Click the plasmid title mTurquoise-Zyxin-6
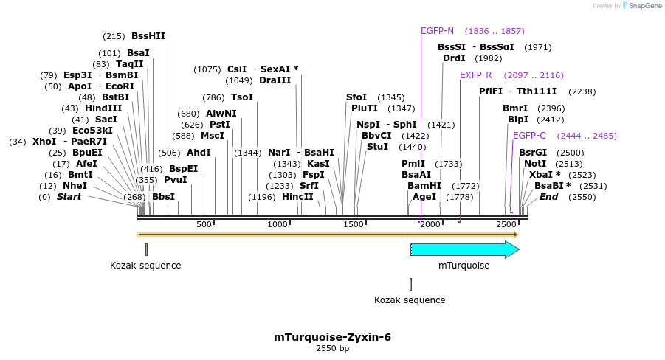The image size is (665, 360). (332, 337)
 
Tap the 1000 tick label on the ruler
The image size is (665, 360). (278, 224)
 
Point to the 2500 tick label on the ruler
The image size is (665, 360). (506, 224)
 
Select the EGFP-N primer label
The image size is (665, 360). (437, 31)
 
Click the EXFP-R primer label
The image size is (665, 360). (475, 75)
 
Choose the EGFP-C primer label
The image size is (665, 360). (529, 136)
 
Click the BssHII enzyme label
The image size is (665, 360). (148, 35)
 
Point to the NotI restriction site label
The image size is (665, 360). (535, 164)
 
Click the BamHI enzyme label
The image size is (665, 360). (424, 186)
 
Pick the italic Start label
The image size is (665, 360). (69, 197)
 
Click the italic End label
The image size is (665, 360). (548, 197)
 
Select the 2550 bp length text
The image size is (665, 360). (332, 348)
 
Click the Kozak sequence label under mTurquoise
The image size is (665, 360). (410, 300)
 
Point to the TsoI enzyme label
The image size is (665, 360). (241, 97)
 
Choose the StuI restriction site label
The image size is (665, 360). (377, 147)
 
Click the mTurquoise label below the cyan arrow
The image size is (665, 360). (464, 266)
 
